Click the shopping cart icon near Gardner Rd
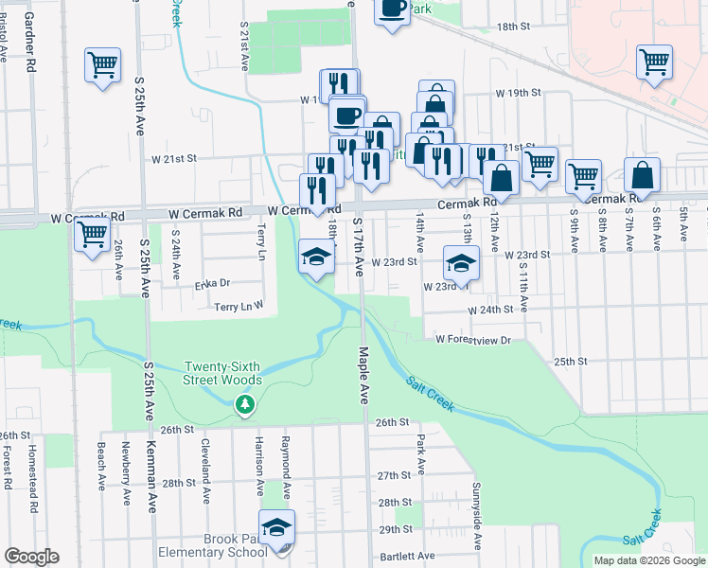coord(102,65)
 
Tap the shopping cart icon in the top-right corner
coord(654,62)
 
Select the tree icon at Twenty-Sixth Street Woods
coord(245,405)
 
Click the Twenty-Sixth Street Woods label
coord(222,373)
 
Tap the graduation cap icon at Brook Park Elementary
coord(276,526)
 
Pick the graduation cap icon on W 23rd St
coord(461,262)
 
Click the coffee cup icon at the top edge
coord(392,9)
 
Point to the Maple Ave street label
coord(363,375)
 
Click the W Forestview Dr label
coord(472,340)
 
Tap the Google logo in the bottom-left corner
coord(30,556)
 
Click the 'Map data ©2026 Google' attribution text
coord(649,560)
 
